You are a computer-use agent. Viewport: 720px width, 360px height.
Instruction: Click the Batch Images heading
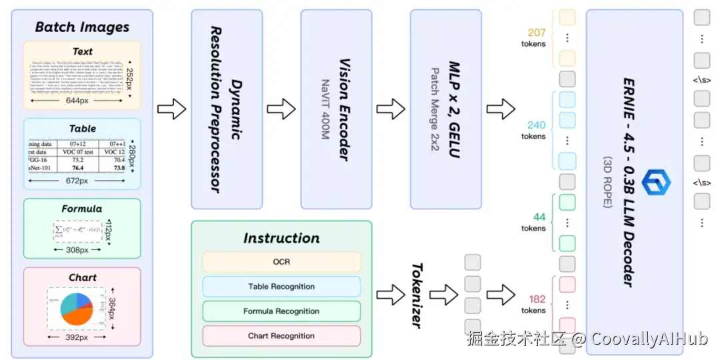tap(82, 27)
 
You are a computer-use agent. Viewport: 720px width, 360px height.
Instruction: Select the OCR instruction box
tap(281, 262)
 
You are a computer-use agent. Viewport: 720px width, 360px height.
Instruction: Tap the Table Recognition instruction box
tap(281, 287)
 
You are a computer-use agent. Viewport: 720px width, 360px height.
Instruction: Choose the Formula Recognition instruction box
tap(281, 311)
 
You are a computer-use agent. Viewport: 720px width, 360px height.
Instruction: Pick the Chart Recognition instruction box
tap(281, 336)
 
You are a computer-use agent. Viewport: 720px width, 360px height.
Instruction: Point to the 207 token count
tap(536, 33)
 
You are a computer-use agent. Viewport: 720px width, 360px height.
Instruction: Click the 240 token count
tap(536, 125)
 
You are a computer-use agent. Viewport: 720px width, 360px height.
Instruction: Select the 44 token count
tap(539, 217)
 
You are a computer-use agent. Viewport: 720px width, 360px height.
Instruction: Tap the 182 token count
tap(537, 299)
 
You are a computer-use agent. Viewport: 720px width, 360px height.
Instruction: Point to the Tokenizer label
tap(417, 294)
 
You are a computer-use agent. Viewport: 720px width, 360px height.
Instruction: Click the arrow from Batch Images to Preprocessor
tap(171, 109)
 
